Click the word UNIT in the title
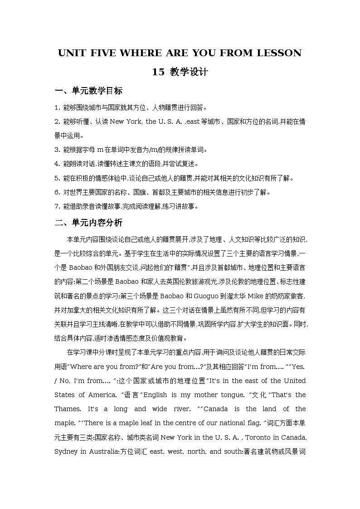(x=72, y=53)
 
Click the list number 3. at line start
(x=57, y=150)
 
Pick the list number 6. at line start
(x=57, y=192)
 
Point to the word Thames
(x=67, y=409)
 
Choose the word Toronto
(x=267, y=437)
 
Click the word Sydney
(x=66, y=451)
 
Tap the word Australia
(x=107, y=451)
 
